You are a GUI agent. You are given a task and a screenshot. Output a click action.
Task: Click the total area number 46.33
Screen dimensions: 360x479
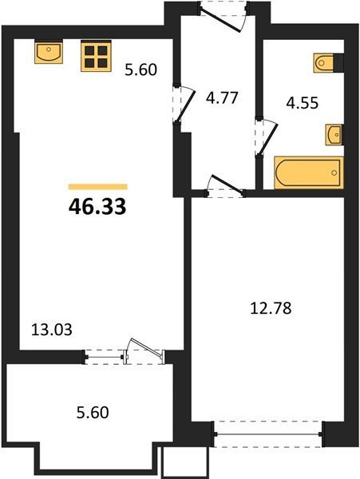97,207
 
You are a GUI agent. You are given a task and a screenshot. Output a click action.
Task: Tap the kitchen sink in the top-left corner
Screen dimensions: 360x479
49,53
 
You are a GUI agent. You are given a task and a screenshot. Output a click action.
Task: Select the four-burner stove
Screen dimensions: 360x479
96,56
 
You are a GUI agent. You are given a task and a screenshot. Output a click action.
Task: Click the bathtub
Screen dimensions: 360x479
309,172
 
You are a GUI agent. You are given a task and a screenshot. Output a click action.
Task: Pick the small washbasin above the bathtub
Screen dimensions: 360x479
334,134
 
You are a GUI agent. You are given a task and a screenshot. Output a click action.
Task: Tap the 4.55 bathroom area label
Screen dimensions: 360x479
303,103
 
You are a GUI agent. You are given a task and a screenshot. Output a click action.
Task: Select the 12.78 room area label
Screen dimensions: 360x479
271,308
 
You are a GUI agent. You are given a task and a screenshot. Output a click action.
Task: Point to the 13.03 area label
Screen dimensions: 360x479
52,330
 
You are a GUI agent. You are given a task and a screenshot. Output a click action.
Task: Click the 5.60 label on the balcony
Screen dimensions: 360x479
93,413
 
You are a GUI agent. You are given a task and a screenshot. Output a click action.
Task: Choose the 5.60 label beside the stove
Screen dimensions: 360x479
140,69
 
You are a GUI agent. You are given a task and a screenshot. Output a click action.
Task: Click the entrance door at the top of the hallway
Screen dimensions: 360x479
223,16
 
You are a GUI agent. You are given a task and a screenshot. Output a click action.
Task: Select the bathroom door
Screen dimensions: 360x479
267,137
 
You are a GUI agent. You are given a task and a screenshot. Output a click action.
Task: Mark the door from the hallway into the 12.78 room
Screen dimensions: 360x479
225,186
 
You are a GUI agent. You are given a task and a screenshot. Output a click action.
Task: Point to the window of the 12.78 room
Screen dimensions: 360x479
267,433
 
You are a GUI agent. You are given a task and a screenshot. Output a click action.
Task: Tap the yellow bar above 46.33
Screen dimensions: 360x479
97,187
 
